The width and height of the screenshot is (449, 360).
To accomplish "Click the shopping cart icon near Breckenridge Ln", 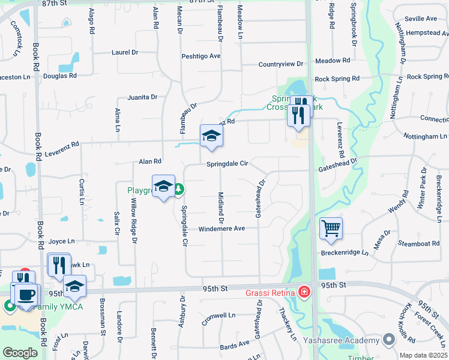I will pyautogui.click(x=331, y=228).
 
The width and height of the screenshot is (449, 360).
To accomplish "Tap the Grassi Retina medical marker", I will pyautogui.click(x=305, y=292).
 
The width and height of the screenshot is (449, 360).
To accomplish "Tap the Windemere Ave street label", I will pyautogui.click(x=221, y=229).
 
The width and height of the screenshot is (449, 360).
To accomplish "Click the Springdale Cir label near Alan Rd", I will pyautogui.click(x=227, y=164).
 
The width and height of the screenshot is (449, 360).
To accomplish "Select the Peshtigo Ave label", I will pyautogui.click(x=201, y=56).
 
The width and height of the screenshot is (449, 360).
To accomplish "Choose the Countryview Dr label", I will pyautogui.click(x=281, y=64).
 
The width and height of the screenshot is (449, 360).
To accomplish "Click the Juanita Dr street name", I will pyautogui.click(x=142, y=97).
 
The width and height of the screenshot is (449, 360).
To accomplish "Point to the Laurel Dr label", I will pyautogui.click(x=125, y=52).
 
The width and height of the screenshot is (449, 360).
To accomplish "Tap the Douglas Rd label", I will pyautogui.click(x=59, y=76).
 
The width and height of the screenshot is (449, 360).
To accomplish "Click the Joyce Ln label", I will pyautogui.click(x=62, y=241).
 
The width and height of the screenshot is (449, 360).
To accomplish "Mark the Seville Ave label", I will pyautogui.click(x=421, y=19).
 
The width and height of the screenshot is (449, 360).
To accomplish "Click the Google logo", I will pyautogui.click(x=20, y=353).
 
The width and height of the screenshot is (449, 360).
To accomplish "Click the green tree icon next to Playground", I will pyautogui.click(x=179, y=190).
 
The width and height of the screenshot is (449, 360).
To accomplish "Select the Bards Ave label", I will pyautogui.click(x=234, y=344).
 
